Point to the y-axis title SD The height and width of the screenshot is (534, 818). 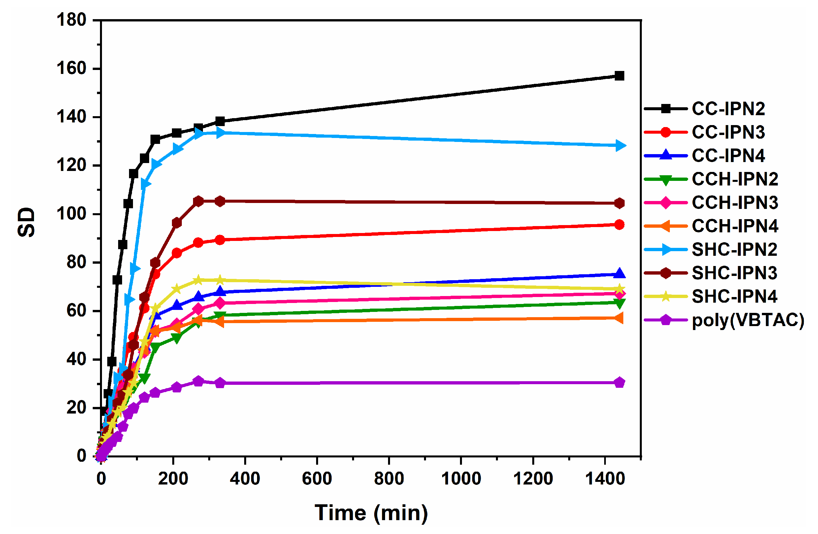click(x=26, y=222)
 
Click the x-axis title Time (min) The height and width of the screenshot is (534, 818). click(x=371, y=513)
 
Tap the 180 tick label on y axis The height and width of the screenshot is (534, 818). click(x=72, y=20)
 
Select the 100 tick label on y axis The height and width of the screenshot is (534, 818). click(x=72, y=214)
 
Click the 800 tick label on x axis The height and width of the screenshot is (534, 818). click(x=389, y=479)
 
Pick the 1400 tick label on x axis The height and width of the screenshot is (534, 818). click(x=605, y=479)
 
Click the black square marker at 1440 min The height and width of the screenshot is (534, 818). click(x=619, y=76)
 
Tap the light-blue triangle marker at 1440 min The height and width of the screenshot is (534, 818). click(x=620, y=146)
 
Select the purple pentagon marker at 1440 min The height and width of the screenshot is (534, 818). click(x=619, y=383)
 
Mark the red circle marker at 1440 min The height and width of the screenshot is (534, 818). click(x=619, y=225)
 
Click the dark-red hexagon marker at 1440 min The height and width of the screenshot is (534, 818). click(x=619, y=204)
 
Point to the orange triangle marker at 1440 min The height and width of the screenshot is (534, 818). click(x=619, y=318)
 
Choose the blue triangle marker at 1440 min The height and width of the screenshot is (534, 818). click(x=619, y=274)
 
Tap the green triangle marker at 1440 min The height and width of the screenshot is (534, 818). click(x=619, y=303)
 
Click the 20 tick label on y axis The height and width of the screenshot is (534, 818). click(x=76, y=408)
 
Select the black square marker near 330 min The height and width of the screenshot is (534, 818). click(x=220, y=121)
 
